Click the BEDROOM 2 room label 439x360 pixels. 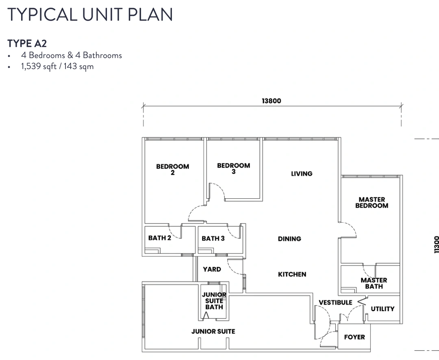point(172,169)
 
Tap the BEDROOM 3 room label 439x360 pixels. point(233,169)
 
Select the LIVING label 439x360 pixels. point(302,173)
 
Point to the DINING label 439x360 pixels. point(289,239)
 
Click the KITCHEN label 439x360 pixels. point(292,274)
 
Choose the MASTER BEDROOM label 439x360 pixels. point(372,202)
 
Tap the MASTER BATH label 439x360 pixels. point(374,283)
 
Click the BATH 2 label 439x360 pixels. point(160,238)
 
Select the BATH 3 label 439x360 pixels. point(213,239)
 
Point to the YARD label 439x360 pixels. point(212,269)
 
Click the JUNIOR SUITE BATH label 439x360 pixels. point(214,301)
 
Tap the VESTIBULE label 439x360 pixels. point(335,303)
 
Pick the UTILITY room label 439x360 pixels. point(382,309)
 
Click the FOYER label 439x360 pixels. point(354,337)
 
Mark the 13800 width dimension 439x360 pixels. point(271,101)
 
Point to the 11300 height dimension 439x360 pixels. point(436,245)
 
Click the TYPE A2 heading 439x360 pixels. point(27,43)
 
